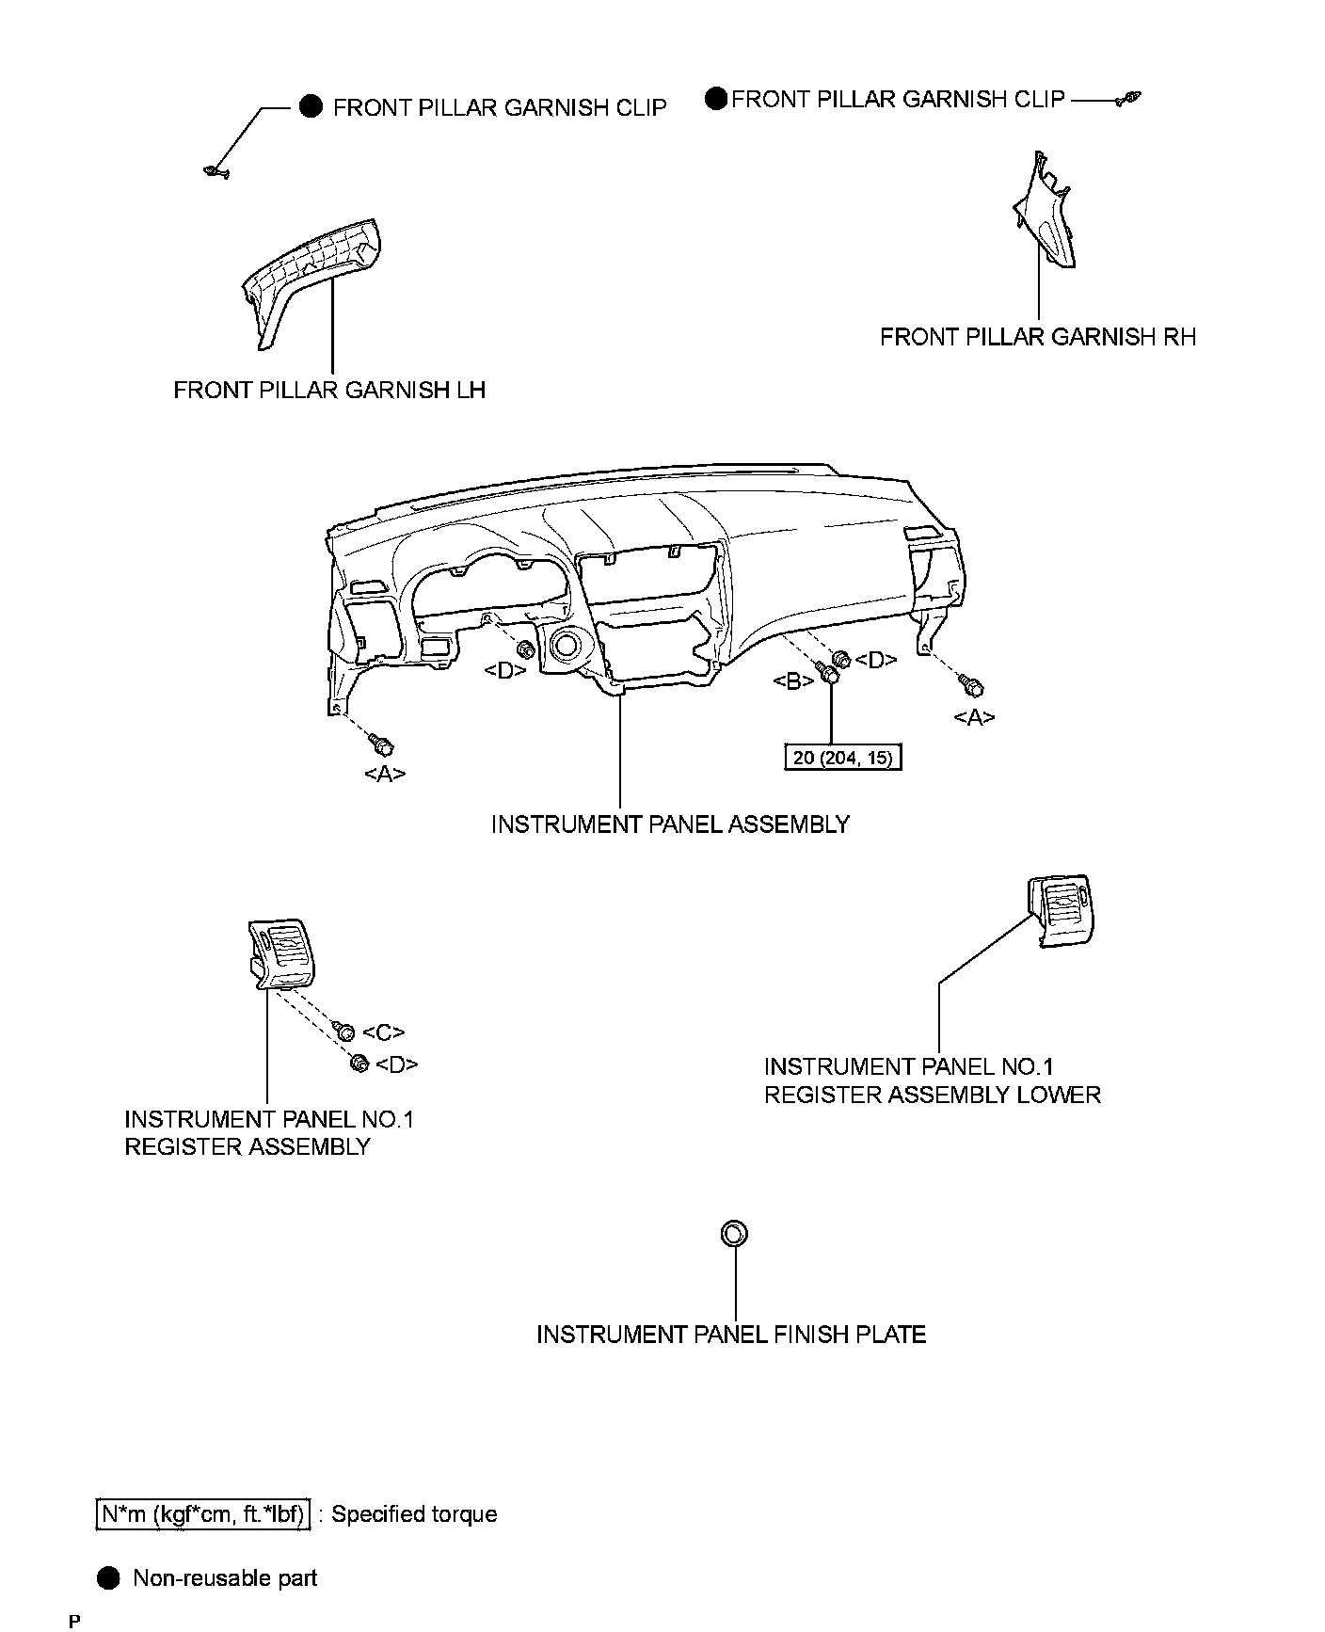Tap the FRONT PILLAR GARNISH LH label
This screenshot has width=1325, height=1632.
coord(329,390)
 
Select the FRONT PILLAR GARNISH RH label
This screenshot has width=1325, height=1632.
coord(1037,337)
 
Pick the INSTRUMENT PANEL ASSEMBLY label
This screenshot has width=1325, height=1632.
coord(670,824)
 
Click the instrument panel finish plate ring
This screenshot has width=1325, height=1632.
coord(734,1233)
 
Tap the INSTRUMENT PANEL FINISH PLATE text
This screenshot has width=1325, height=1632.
coord(731,1335)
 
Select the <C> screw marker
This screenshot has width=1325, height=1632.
coord(383,1032)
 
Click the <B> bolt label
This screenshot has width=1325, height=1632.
coord(793,681)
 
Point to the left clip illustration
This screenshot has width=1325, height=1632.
coord(216,171)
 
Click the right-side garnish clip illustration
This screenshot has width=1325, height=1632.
coord(1129,99)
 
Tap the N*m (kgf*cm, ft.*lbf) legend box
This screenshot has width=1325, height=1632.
coord(203,1514)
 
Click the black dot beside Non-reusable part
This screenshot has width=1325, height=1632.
coord(109,1578)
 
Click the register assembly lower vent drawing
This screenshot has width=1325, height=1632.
coord(1061,908)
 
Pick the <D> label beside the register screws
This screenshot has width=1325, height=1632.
coord(396,1064)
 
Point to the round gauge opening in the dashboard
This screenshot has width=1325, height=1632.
coord(567,646)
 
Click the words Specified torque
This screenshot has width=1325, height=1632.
coord(414,1514)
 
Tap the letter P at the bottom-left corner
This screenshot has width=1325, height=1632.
coord(74,1621)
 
